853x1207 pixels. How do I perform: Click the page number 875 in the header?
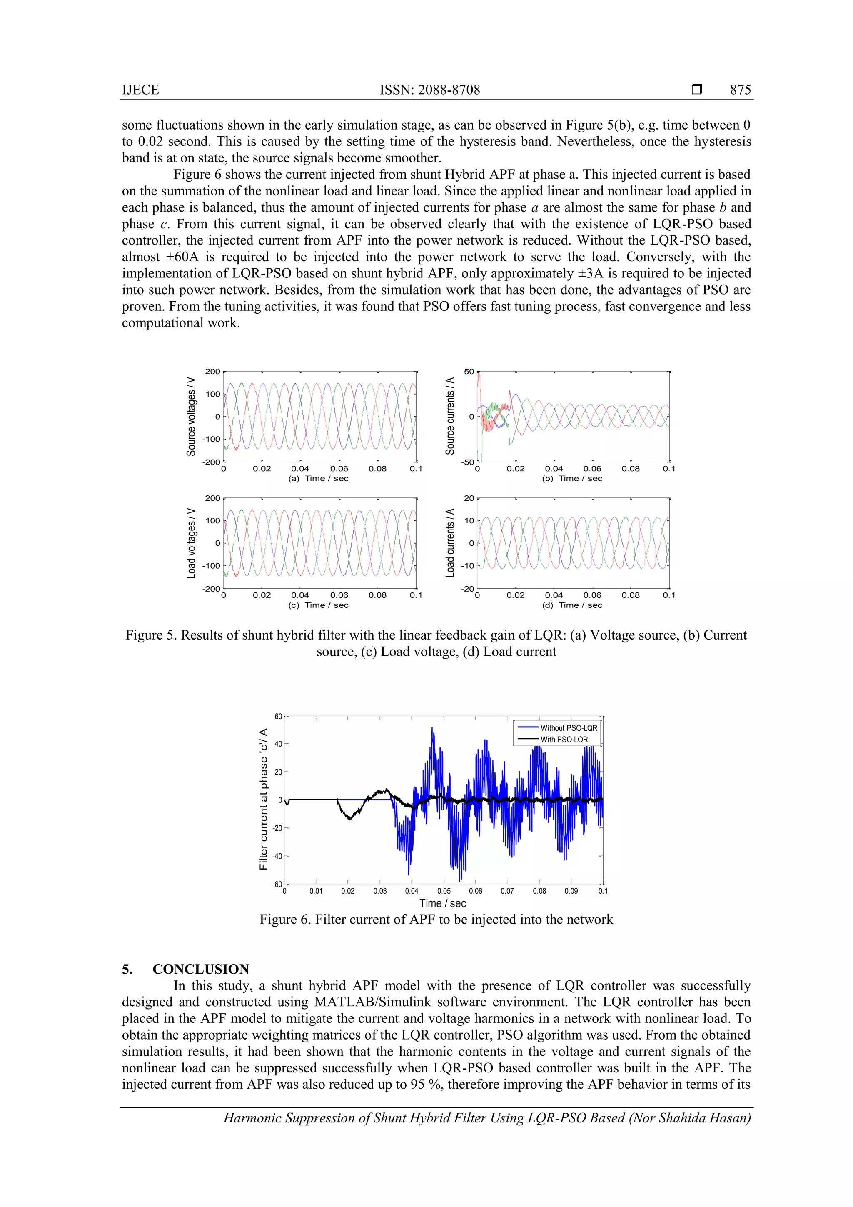coord(740,90)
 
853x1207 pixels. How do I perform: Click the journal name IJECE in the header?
coord(140,90)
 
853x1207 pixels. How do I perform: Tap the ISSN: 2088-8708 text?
coord(430,90)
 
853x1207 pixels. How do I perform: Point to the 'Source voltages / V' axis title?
coord(191,416)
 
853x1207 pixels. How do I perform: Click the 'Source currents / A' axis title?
coord(450,416)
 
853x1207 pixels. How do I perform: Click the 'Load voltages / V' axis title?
coord(191,543)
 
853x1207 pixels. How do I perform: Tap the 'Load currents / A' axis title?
coord(450,543)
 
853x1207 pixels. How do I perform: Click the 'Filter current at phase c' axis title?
coord(263,799)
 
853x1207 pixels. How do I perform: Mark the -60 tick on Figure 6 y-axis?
coord(277,884)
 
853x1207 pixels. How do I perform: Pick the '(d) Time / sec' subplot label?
coord(572,605)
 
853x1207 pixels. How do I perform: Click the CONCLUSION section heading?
coord(201,969)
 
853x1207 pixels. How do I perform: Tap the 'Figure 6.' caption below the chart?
coord(436,919)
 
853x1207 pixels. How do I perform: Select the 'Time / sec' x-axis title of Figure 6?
coord(442,903)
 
